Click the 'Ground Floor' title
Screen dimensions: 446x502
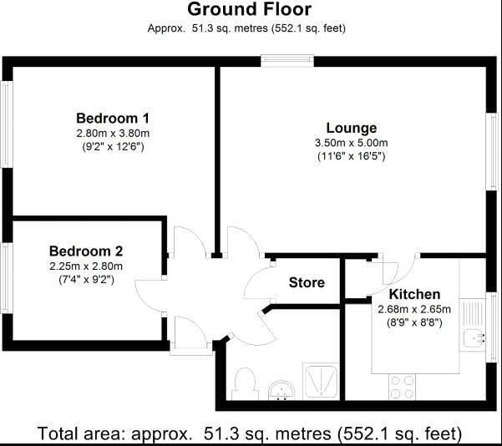pyautogui.click(x=249, y=10)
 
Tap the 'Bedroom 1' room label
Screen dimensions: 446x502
pyautogui.click(x=112, y=118)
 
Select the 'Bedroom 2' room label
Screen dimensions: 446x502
pyautogui.click(x=86, y=251)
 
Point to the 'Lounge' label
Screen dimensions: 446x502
pyautogui.click(x=351, y=128)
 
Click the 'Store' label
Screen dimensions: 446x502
pyautogui.click(x=307, y=282)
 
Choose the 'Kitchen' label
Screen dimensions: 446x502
pyautogui.click(x=414, y=294)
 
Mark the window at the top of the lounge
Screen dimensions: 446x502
pyautogui.click(x=286, y=59)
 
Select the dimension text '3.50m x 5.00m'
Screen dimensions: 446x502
pyautogui.click(x=351, y=143)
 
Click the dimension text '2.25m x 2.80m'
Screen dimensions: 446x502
pyautogui.click(x=85, y=266)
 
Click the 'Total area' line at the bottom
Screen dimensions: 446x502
pyautogui.click(x=249, y=434)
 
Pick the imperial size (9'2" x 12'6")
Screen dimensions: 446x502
pyautogui.click(x=112, y=146)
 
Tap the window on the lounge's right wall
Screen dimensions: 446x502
pyautogui.click(x=493, y=146)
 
